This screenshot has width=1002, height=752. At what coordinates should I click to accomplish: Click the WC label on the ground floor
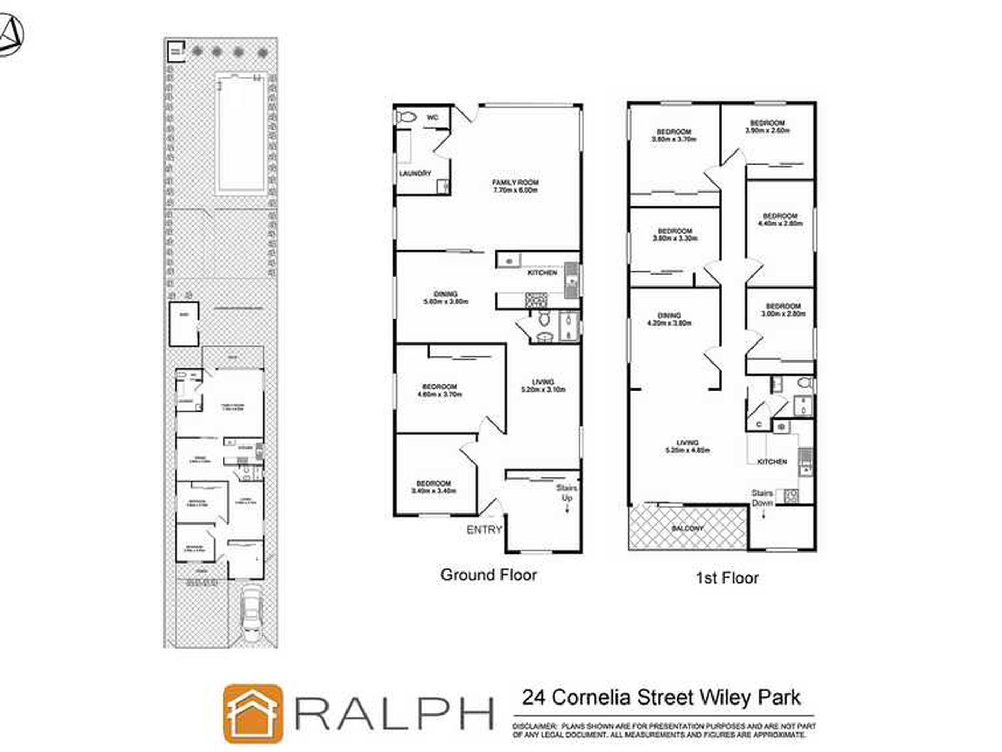(432, 117)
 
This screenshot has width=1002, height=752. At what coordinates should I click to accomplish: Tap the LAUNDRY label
(415, 173)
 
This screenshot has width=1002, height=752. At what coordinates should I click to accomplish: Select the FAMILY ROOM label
(515, 186)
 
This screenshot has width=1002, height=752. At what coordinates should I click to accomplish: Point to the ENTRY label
(484, 529)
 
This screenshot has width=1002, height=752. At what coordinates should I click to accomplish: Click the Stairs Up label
(567, 493)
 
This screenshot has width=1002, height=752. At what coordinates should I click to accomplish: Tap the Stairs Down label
(762, 498)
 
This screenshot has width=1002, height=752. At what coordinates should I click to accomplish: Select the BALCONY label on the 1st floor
(688, 528)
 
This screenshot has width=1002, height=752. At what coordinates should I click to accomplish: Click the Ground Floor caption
(488, 575)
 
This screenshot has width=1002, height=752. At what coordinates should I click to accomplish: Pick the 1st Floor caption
(727, 578)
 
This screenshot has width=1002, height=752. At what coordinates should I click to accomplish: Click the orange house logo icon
(253, 713)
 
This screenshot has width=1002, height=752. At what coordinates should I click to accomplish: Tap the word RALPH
(394, 713)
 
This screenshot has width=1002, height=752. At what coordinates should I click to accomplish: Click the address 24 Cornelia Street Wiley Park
(661, 697)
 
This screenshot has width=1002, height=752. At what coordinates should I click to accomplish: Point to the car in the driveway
(252, 613)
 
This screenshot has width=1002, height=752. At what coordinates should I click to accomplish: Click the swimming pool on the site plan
(240, 134)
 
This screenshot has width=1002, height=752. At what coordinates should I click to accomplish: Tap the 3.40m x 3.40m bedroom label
(433, 487)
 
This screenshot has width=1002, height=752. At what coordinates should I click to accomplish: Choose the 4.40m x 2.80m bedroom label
(780, 220)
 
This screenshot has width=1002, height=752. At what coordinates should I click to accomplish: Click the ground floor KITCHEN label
(542, 273)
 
